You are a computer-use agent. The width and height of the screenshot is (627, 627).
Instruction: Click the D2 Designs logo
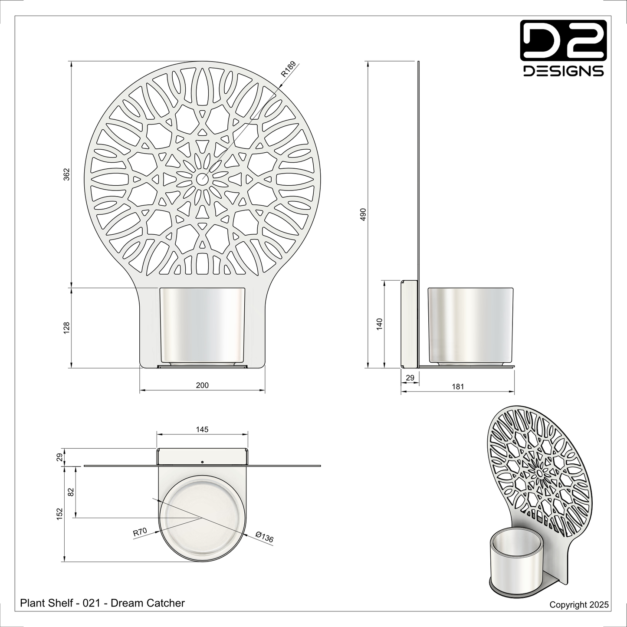(x=563, y=48)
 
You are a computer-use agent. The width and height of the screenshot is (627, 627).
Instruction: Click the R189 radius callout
(x=288, y=69)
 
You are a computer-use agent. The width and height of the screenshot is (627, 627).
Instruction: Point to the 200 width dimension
(x=202, y=385)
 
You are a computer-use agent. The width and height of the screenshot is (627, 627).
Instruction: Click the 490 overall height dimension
(x=364, y=215)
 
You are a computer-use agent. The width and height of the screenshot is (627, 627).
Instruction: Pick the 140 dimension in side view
(x=380, y=324)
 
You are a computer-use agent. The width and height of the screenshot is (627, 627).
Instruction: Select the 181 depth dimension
(x=458, y=387)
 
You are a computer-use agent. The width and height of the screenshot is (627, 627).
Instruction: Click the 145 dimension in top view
(x=202, y=430)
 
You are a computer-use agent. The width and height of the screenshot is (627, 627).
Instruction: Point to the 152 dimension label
(x=60, y=513)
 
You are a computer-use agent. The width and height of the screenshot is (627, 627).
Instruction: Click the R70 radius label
(x=140, y=532)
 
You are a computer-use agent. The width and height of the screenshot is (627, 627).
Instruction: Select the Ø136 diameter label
(x=264, y=537)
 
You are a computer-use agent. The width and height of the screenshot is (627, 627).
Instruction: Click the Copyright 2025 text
(x=579, y=604)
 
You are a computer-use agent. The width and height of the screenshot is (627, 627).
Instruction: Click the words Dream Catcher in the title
(x=148, y=603)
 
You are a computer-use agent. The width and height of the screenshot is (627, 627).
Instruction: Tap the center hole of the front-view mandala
(x=202, y=178)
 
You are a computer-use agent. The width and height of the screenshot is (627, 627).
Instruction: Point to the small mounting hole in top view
(x=202, y=462)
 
